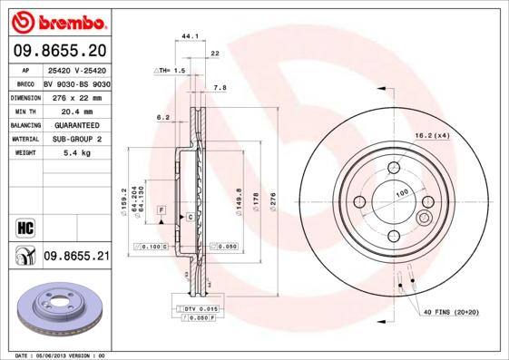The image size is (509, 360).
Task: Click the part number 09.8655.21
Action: (x=76, y=257)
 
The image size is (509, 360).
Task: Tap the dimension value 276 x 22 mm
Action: (x=76, y=97)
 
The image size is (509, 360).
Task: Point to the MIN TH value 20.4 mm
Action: (x=76, y=111)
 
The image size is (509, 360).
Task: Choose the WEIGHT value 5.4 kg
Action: (x=76, y=154)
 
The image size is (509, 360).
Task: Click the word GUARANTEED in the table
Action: (x=76, y=125)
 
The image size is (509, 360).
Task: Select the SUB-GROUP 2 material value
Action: (x=76, y=140)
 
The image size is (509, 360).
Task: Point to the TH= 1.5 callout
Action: (x=171, y=70)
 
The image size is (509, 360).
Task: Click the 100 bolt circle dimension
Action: (x=401, y=191)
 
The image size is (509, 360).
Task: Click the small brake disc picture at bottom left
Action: (x=56, y=313)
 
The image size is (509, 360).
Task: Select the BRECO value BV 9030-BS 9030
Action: (x=76, y=83)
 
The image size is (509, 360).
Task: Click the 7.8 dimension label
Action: (x=219, y=88)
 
